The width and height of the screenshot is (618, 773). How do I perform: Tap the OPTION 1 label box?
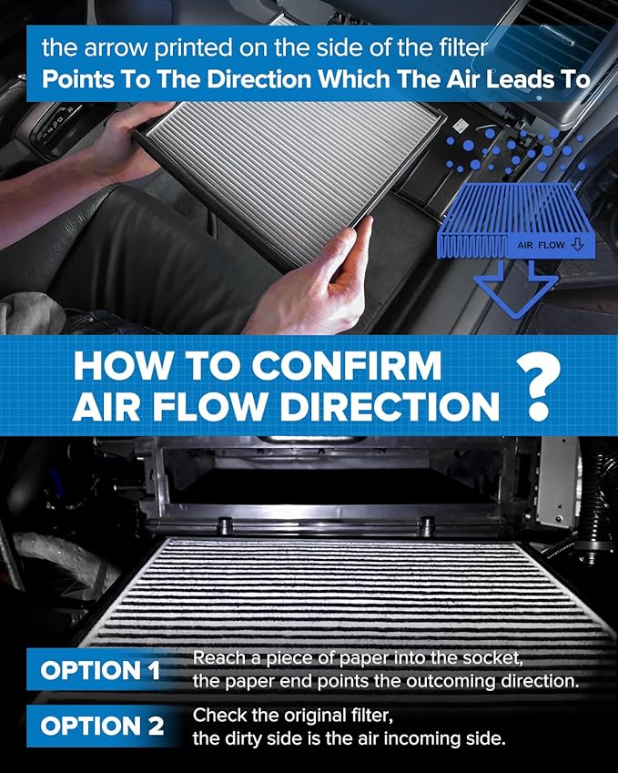[100, 672]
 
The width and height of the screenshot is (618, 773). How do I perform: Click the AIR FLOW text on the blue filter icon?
[541, 245]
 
